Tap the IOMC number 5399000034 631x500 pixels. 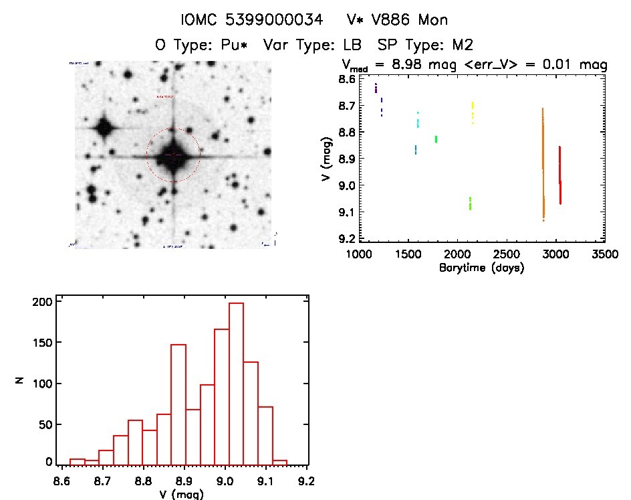click(x=272, y=19)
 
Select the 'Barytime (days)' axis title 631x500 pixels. click(x=481, y=268)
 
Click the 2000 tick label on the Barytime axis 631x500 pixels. click(x=457, y=255)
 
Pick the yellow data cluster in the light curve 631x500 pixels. click(x=473, y=113)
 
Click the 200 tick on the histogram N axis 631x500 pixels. click(x=43, y=302)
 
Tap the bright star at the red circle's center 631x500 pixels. click(x=173, y=155)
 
